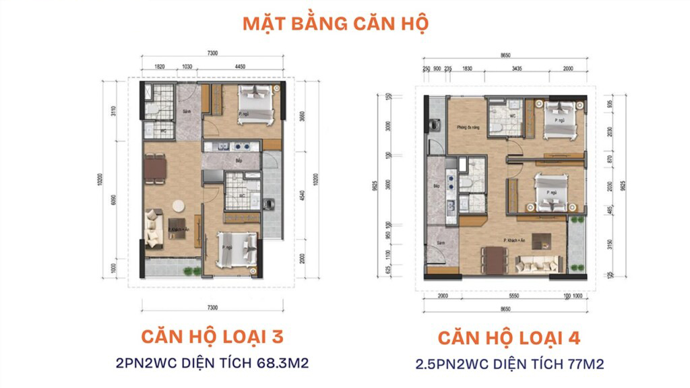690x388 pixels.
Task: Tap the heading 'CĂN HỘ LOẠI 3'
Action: click(212, 336)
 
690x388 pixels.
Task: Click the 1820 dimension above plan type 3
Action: click(160, 67)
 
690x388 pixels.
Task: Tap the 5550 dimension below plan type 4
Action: click(513, 296)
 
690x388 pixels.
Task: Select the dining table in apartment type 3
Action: click(156, 168)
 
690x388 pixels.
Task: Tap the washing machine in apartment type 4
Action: click(431, 125)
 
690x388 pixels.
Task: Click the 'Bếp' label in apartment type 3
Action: click(230, 162)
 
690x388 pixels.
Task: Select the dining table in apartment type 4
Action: click(495, 259)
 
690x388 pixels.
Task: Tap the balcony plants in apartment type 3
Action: click(192, 271)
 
